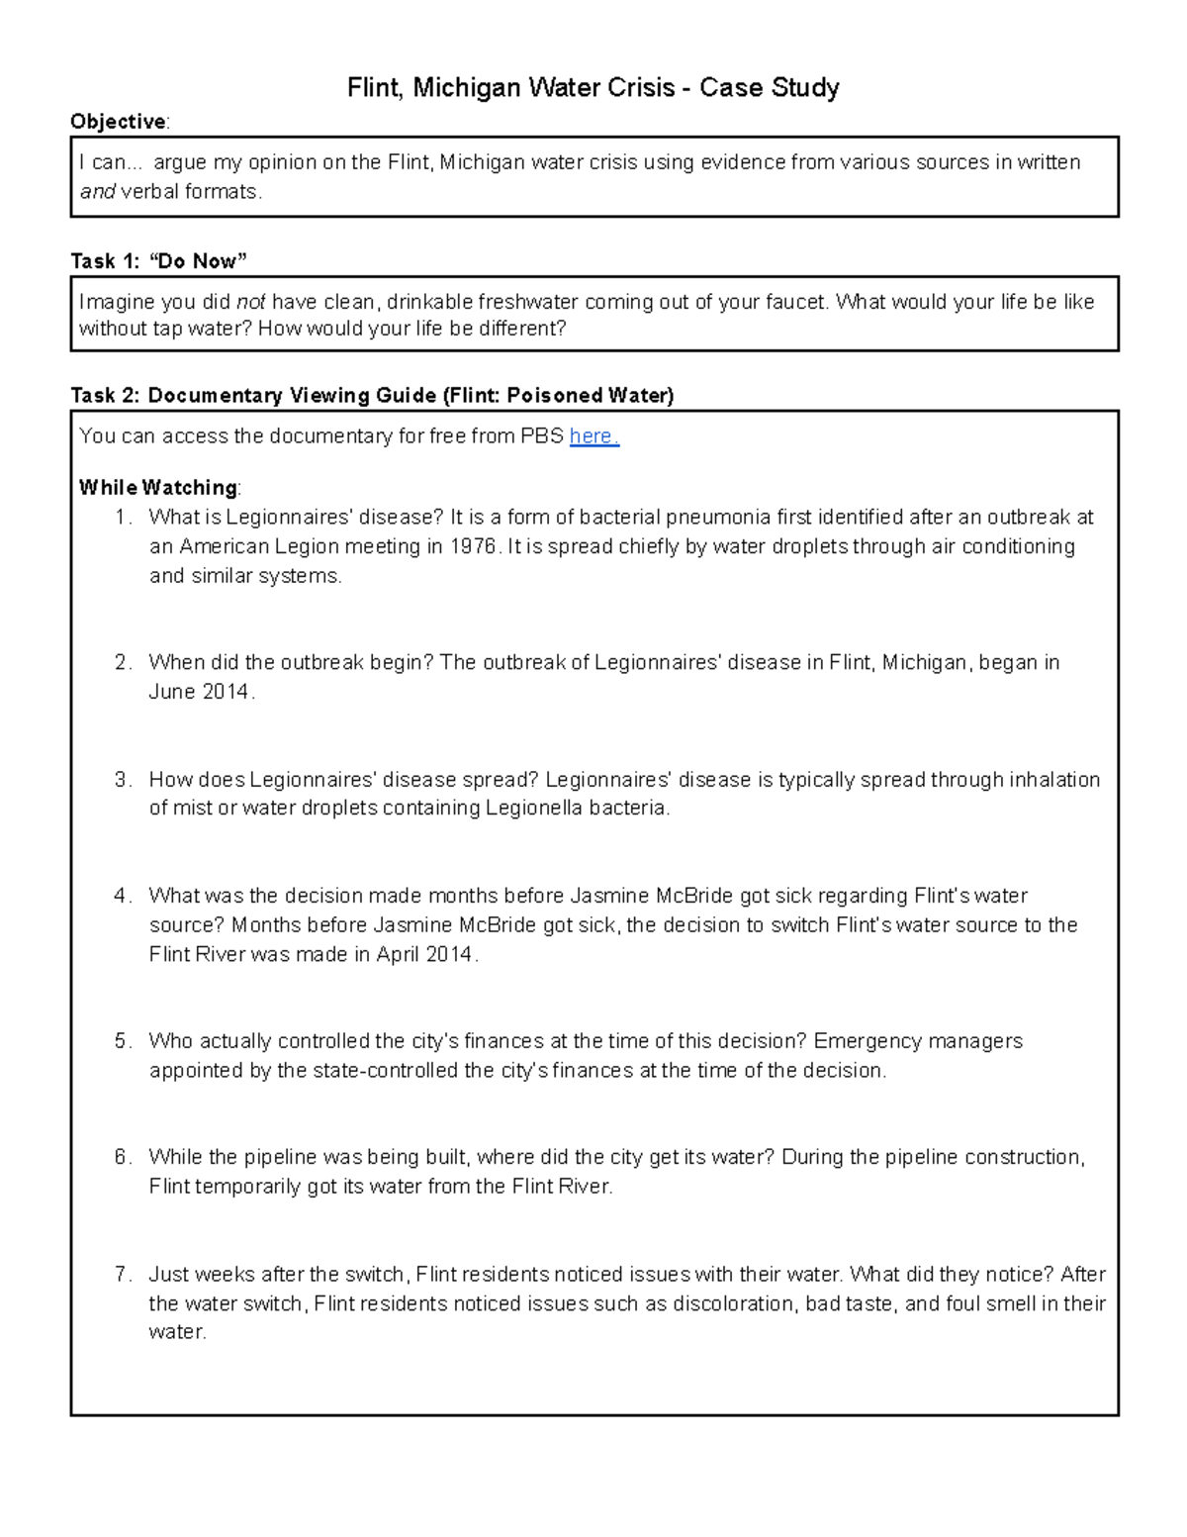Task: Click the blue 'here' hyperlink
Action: [593, 436]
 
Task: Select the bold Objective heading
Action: [118, 122]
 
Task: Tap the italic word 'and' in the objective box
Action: [97, 192]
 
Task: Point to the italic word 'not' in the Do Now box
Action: [250, 302]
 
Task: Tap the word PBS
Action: [542, 436]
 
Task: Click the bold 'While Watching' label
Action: [158, 488]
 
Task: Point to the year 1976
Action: [473, 546]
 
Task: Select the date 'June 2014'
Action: [200, 692]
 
